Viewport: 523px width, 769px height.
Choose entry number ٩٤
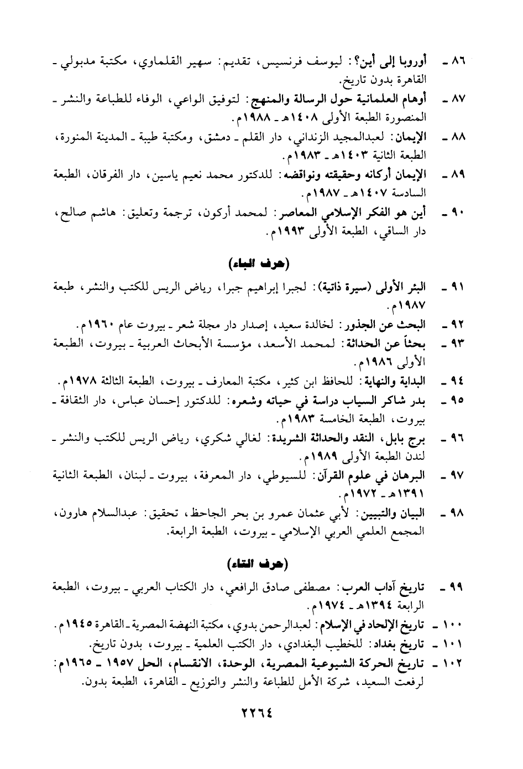[459, 381]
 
